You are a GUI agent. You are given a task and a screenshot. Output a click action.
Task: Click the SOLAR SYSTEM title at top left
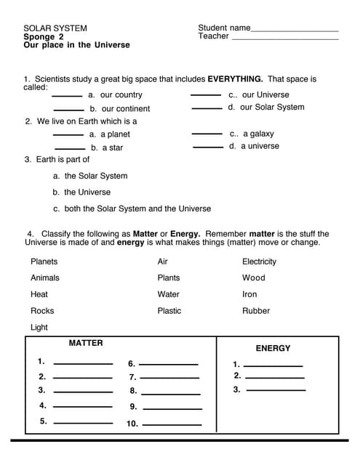click(55, 28)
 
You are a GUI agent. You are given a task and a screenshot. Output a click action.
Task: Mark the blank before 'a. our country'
click(67, 96)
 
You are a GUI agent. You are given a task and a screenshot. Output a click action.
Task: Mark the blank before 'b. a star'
click(70, 148)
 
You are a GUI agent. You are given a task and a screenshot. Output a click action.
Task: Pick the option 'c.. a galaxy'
click(252, 134)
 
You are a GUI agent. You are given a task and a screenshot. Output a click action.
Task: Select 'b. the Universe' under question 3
click(81, 193)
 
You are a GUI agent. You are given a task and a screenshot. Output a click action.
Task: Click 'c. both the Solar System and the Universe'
click(132, 209)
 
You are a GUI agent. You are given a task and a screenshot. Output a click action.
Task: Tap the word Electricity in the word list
click(259, 262)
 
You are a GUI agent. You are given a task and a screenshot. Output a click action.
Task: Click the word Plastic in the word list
click(169, 311)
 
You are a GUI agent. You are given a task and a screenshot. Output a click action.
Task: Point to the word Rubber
click(256, 311)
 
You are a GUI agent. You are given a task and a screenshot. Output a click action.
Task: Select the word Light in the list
click(39, 328)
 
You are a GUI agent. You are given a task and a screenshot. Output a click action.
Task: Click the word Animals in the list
click(45, 278)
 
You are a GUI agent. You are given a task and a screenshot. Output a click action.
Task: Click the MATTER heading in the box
click(86, 343)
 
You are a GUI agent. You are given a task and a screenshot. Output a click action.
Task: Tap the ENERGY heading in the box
click(273, 348)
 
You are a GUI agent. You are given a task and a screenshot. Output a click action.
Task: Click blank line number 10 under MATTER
click(172, 424)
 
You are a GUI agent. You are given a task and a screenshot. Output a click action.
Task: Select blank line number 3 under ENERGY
click(276, 391)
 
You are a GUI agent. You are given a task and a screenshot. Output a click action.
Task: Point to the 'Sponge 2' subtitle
click(44, 36)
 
